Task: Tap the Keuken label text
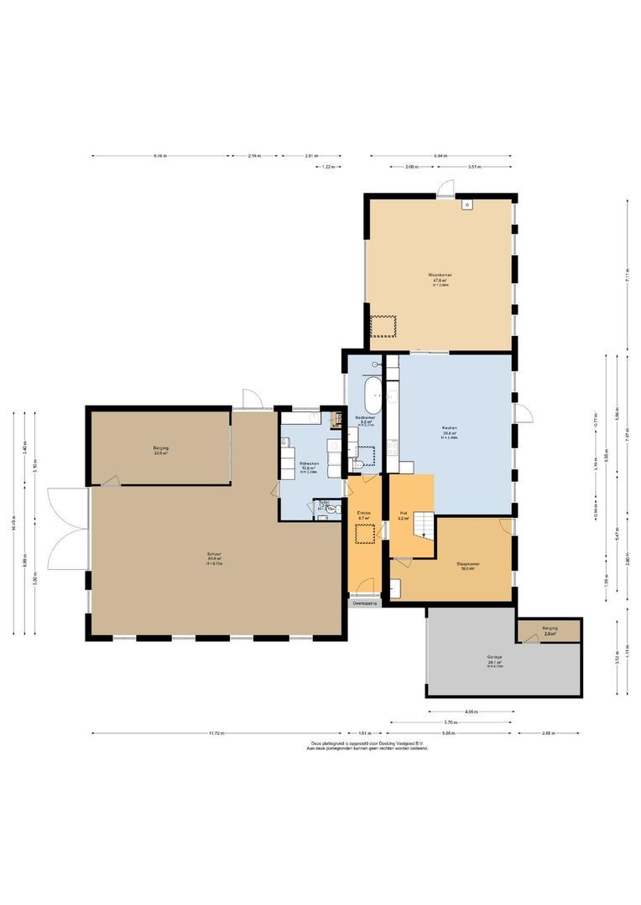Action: click(x=450, y=427)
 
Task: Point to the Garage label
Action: click(x=494, y=657)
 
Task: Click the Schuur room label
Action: click(x=215, y=554)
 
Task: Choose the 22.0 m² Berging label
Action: click(x=160, y=448)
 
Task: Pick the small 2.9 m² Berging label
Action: click(x=550, y=628)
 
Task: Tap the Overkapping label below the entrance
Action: click(x=364, y=602)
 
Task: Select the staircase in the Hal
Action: click(x=427, y=525)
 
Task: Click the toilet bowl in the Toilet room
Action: click(x=332, y=508)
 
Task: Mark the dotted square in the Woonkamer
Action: click(x=383, y=326)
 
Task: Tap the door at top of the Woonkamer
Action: click(x=446, y=189)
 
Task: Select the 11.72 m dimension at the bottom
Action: click(x=216, y=733)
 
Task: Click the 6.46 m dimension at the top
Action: click(x=160, y=156)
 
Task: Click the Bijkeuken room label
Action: click(x=308, y=445)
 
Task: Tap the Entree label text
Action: click(x=363, y=513)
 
